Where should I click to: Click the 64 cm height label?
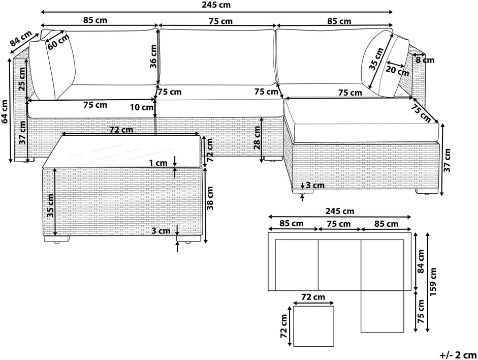pyautogui.click(x=5, y=112)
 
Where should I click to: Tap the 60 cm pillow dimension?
pyautogui.click(x=58, y=41)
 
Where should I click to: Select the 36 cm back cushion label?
pyautogui.click(x=153, y=56)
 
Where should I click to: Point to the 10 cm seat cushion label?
pyautogui.click(x=141, y=107)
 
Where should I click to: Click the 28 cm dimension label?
pyautogui.click(x=258, y=138)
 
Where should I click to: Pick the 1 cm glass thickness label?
pyautogui.click(x=158, y=163)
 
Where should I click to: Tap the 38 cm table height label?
pyautogui.click(x=210, y=198)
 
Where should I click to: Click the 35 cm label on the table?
pyautogui.click(x=50, y=205)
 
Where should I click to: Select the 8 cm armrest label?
pyautogui.click(x=425, y=60)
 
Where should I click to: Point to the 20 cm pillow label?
pyautogui.click(x=397, y=71)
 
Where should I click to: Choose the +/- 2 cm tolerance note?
pyautogui.click(x=458, y=355)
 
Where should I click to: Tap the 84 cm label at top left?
pyautogui.click(x=20, y=38)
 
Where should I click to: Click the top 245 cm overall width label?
pyautogui.click(x=216, y=5)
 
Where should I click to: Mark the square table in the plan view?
pyautogui.click(x=314, y=326)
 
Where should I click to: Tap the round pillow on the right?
pyautogui.click(x=373, y=63)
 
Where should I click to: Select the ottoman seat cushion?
pyautogui.click(x=361, y=120)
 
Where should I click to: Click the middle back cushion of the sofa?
pyautogui.click(x=217, y=57)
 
